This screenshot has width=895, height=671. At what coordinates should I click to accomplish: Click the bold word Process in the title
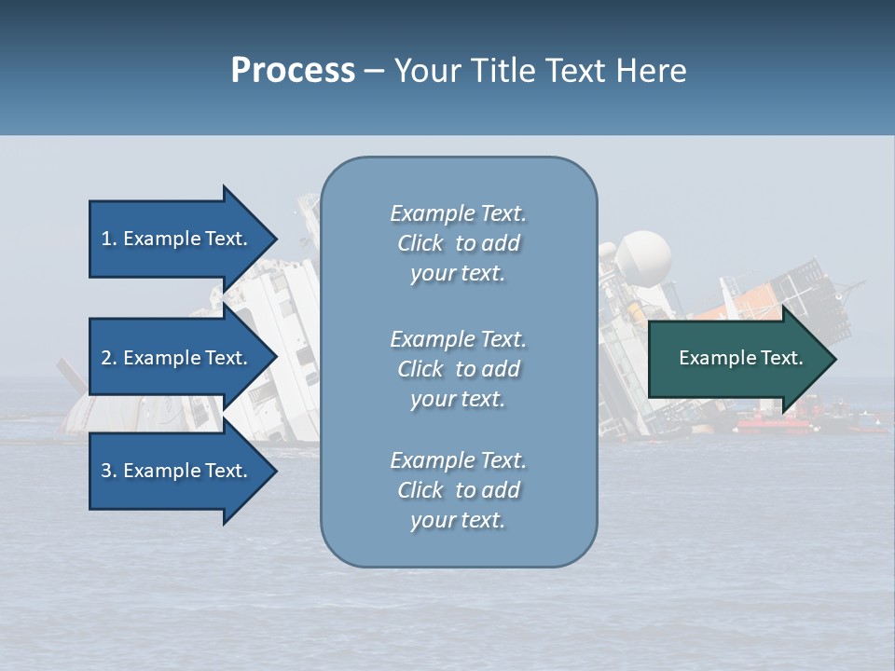(293, 70)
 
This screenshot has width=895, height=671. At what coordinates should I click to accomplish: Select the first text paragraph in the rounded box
(458, 243)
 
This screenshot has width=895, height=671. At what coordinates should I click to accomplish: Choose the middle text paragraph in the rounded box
(458, 369)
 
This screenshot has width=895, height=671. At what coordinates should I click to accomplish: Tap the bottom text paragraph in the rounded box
(458, 490)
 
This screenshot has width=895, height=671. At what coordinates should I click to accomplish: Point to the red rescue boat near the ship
(774, 425)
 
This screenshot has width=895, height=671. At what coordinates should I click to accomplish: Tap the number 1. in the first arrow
(109, 239)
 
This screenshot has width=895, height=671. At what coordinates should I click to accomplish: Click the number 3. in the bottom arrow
(109, 471)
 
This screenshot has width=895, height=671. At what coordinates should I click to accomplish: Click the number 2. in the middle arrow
(109, 358)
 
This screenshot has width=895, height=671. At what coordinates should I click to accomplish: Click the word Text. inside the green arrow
(781, 358)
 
